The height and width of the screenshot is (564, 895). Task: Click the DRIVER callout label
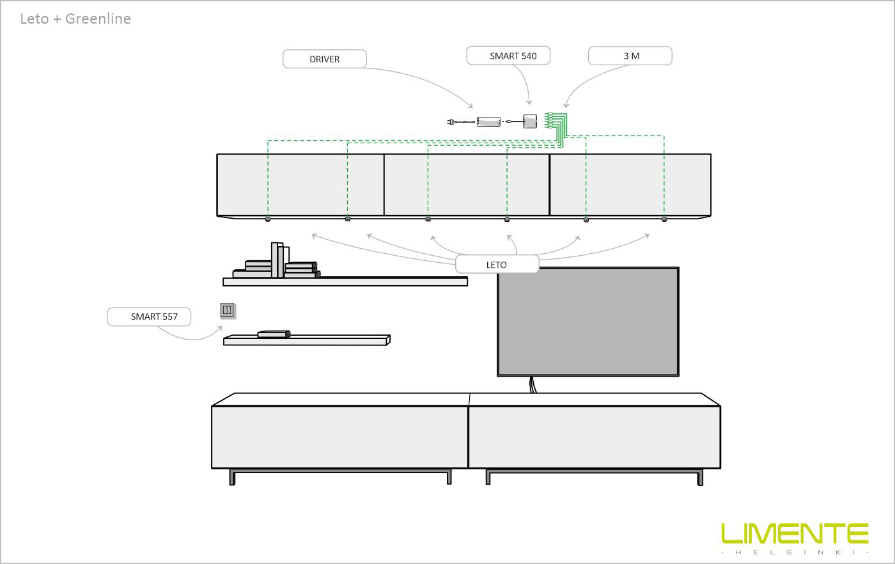(x=325, y=59)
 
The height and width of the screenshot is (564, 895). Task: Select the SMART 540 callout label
(x=508, y=56)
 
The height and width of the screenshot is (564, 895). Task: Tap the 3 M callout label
(x=630, y=56)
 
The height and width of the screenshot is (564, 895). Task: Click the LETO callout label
(x=497, y=264)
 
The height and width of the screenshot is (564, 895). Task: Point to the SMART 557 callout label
(x=149, y=317)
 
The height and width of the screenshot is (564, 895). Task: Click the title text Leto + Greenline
(x=75, y=19)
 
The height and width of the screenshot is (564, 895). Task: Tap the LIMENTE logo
(x=795, y=538)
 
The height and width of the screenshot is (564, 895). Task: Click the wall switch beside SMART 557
(x=228, y=311)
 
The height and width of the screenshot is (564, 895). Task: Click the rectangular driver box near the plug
(x=488, y=121)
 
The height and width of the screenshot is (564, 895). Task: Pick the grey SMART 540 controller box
(x=530, y=121)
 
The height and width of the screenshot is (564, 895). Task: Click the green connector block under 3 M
(x=556, y=124)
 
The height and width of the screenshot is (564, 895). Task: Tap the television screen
(x=588, y=322)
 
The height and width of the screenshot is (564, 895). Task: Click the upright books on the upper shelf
(x=280, y=260)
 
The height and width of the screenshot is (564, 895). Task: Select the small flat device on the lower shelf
(x=274, y=334)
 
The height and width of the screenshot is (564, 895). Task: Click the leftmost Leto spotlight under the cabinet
(x=268, y=219)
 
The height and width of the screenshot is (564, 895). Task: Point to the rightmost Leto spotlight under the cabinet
(x=664, y=219)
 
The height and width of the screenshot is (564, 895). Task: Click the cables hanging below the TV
(x=533, y=384)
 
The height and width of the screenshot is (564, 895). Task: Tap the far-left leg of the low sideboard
(x=232, y=477)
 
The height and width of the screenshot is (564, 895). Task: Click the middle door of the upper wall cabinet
(x=467, y=185)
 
